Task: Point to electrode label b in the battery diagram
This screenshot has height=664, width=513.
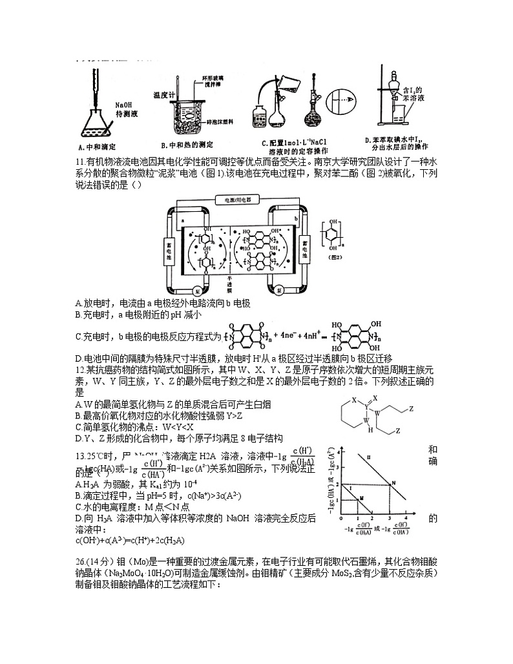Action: click(296, 220)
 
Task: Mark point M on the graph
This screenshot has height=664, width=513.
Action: click(361, 498)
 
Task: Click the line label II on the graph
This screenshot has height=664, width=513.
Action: click(368, 458)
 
